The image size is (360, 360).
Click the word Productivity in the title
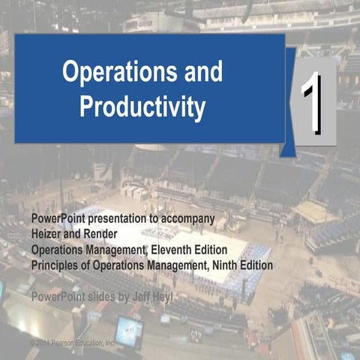pos(142,108)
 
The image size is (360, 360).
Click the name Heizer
pos(49,232)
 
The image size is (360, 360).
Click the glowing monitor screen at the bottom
pos(128,331)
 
